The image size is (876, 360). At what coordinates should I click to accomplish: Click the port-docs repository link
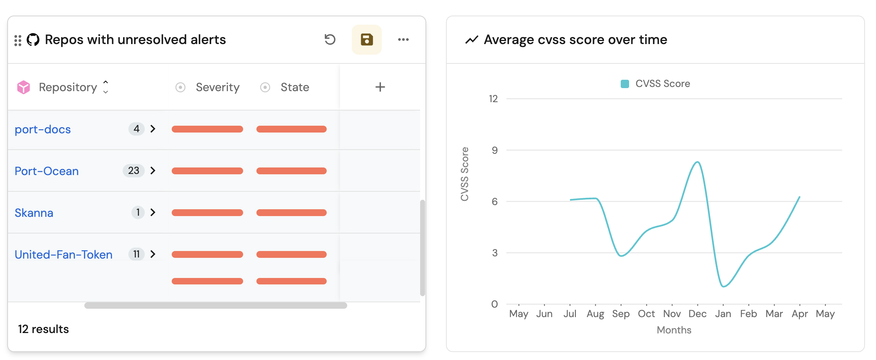43,129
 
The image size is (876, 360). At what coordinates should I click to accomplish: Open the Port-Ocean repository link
46,171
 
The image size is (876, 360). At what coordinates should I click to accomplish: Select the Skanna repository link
34,213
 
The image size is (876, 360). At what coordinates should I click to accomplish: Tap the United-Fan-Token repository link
63,255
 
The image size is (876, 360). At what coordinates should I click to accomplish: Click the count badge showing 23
133,171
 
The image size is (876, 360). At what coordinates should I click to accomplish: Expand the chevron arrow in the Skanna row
153,212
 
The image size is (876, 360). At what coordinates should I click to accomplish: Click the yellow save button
367,39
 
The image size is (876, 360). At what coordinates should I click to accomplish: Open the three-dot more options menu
403,39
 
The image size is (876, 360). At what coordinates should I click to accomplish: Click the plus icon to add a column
380,87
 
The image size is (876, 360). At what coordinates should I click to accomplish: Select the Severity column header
217,87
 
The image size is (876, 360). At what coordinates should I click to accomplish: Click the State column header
294,87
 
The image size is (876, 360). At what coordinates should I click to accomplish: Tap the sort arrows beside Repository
106,87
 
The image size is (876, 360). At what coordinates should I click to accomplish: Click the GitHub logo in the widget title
33,39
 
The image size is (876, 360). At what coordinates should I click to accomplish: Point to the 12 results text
43,329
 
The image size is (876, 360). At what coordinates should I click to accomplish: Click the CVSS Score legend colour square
625,84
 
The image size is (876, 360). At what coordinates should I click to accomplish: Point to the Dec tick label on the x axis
697,314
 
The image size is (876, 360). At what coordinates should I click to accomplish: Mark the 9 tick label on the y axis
494,150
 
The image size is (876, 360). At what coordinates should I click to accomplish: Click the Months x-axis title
674,330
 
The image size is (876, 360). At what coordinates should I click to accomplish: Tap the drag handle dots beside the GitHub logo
18,40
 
